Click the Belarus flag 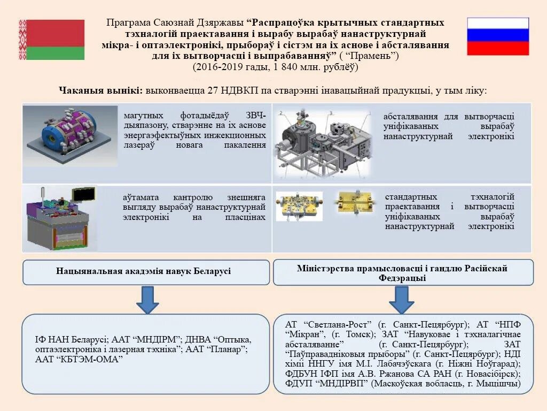pos(52,40)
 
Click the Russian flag pos(498,36)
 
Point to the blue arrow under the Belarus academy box pos(147,300)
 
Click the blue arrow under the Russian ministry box pos(402,300)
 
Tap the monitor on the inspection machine pos(84,194)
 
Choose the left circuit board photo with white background pos(299,206)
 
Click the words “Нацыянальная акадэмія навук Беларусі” pos(144,271)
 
